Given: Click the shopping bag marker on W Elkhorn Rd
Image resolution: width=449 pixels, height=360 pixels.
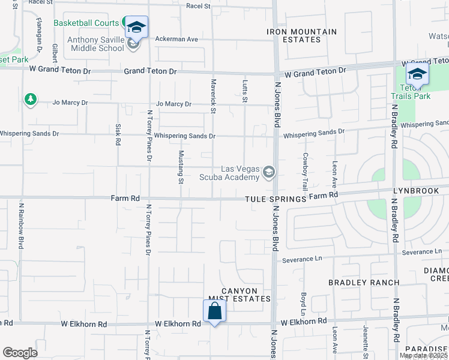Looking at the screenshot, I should [214, 311].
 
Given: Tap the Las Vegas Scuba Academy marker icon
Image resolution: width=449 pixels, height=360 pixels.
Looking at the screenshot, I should [268, 173].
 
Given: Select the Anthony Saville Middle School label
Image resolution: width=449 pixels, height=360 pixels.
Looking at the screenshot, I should [96, 44].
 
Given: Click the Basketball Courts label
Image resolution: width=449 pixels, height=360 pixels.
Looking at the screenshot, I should [86, 23].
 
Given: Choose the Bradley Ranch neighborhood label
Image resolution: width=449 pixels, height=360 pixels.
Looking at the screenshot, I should [363, 283].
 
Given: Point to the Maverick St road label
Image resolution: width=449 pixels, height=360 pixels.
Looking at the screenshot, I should [212, 95].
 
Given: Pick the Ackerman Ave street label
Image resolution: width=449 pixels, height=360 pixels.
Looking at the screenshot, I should [176, 39].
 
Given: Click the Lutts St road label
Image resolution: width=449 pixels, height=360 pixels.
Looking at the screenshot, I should [244, 91].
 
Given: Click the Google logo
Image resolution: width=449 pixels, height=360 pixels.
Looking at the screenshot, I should [20, 352].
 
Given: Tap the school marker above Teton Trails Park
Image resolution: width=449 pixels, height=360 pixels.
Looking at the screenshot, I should [417, 74].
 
